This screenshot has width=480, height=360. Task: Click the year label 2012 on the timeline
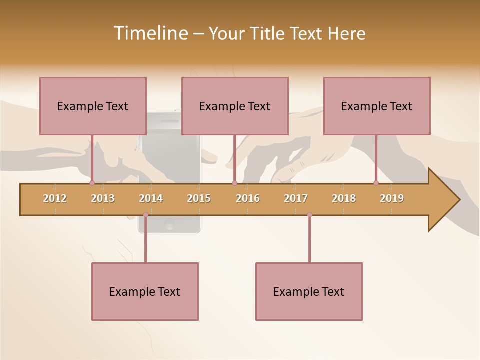pyautogui.click(x=55, y=198)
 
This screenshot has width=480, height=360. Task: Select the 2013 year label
pyautogui.click(x=103, y=198)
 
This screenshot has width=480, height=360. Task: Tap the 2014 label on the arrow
pyautogui.click(x=151, y=198)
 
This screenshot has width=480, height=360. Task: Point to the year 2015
pyautogui.click(x=199, y=198)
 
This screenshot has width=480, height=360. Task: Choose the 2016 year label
pyautogui.click(x=248, y=198)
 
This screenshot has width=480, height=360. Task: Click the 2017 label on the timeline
pyautogui.click(x=296, y=198)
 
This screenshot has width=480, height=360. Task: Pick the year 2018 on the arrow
pyautogui.click(x=344, y=198)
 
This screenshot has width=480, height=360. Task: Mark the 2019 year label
pyautogui.click(x=392, y=198)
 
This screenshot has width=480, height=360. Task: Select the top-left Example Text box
pyautogui.click(x=93, y=106)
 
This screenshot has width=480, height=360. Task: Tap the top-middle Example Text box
pyautogui.click(x=235, y=106)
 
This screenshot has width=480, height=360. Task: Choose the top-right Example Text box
pyautogui.click(x=377, y=106)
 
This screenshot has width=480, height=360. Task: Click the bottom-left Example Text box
pyautogui.click(x=145, y=291)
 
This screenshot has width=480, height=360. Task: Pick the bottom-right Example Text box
pyautogui.click(x=309, y=291)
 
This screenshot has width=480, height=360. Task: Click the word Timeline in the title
pyautogui.click(x=150, y=33)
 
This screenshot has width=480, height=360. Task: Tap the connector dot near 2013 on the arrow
pyautogui.click(x=92, y=183)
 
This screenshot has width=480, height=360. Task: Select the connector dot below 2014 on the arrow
pyautogui.click(x=145, y=215)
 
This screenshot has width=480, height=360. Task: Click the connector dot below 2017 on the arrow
pyautogui.click(x=309, y=215)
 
